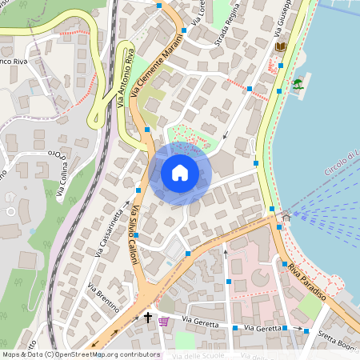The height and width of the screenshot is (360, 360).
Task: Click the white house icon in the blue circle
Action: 180,173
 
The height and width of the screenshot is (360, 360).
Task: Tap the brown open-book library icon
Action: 280,47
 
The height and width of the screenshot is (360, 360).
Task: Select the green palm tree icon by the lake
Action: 298,84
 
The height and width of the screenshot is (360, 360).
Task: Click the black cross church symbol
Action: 147,318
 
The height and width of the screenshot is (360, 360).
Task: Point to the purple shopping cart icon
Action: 164,321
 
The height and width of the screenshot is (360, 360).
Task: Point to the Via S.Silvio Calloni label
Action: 133,241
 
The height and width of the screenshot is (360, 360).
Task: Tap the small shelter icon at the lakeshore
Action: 286,216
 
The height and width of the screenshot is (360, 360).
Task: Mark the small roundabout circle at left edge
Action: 10,211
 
